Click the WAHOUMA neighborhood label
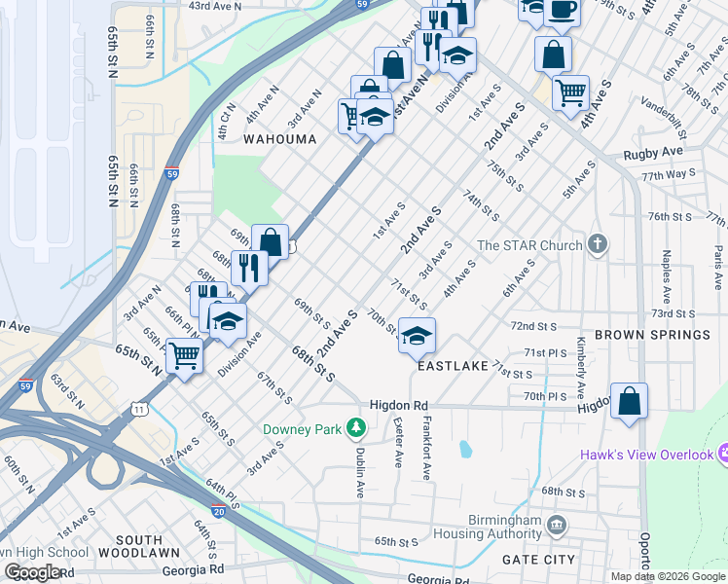click(280, 139)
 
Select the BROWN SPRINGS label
click(652, 335)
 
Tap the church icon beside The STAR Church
click(599, 245)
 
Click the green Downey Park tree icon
click(357, 428)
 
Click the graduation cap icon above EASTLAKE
click(417, 336)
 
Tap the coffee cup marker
click(563, 10)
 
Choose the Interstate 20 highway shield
click(217, 511)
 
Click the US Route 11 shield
click(141, 410)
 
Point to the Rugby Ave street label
click(654, 154)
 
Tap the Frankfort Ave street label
click(426, 448)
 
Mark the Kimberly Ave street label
click(580, 368)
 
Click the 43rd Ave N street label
click(214, 6)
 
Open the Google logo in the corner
click(32, 572)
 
